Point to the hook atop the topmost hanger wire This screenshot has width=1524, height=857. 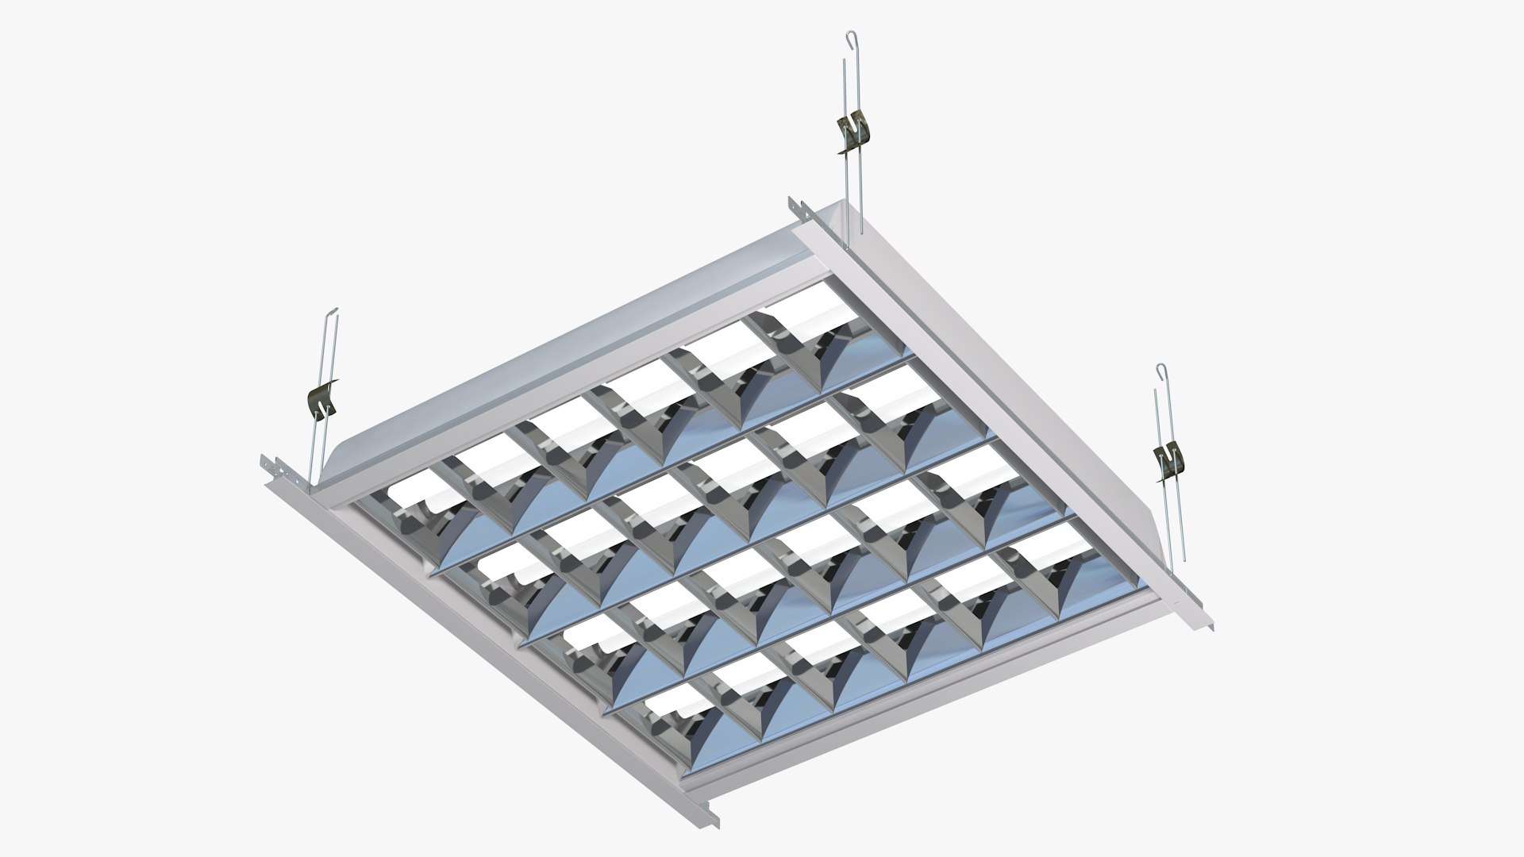[849, 37]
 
